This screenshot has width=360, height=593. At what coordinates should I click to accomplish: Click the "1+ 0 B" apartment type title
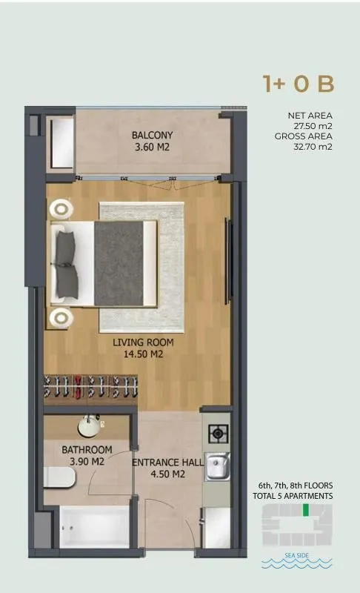tap(299, 84)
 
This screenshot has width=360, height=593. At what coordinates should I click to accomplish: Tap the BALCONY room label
tap(153, 136)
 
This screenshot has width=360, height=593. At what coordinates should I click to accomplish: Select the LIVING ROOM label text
tap(143, 342)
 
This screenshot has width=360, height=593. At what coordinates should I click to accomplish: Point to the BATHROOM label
tap(87, 450)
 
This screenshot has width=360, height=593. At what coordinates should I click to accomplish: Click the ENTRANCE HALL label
tap(168, 463)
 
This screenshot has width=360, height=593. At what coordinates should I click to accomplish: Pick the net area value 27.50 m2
tap(313, 126)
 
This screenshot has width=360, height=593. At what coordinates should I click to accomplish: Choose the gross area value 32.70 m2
tap(313, 147)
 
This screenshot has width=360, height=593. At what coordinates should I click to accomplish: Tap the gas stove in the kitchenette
tap(217, 434)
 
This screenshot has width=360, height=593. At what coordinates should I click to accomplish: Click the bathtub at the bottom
tap(87, 528)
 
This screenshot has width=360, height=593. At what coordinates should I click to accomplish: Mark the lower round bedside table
tap(60, 318)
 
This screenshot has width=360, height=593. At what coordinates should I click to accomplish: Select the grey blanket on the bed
tap(119, 262)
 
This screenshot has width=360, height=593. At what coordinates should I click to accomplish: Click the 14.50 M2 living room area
tap(143, 355)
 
